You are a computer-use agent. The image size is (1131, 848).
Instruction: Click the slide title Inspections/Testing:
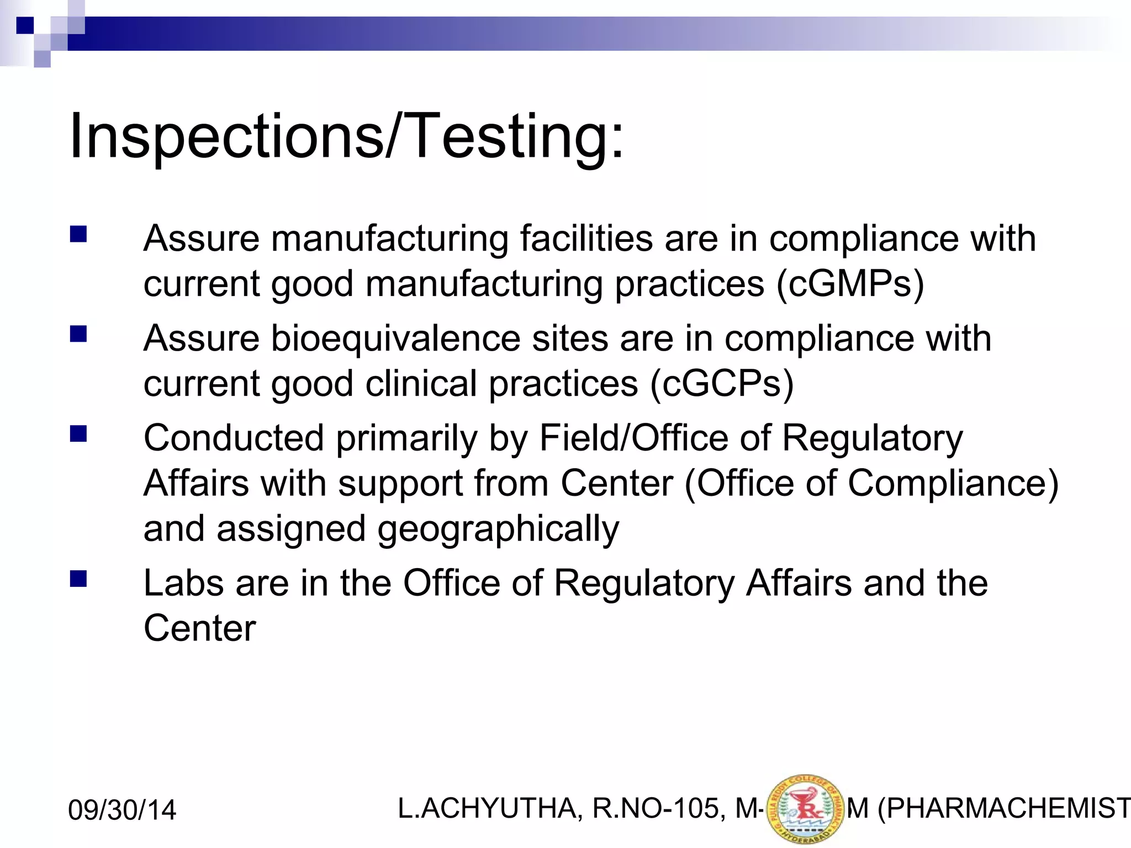[x=346, y=136]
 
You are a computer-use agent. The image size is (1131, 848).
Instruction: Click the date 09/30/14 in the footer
[x=122, y=810]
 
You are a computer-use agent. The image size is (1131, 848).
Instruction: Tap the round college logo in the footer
[x=806, y=809]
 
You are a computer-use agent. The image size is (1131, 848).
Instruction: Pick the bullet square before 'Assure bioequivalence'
[x=78, y=334]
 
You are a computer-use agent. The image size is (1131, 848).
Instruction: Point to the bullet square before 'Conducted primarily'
[x=78, y=434]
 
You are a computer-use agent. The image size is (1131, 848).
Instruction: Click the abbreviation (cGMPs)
[x=850, y=284]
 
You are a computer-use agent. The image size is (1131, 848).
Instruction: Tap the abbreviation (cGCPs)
[x=722, y=384]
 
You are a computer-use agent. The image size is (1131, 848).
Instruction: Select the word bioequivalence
[x=395, y=338]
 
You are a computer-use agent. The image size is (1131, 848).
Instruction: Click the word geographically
[x=498, y=529]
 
